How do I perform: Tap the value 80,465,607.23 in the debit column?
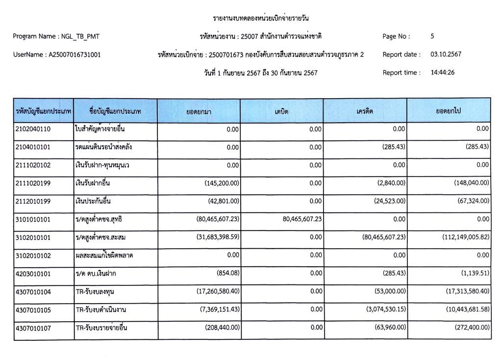coord(302,219)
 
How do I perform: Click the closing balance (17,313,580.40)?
coord(461,292)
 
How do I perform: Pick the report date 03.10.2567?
coord(446,54)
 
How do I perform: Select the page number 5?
coord(432,36)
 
